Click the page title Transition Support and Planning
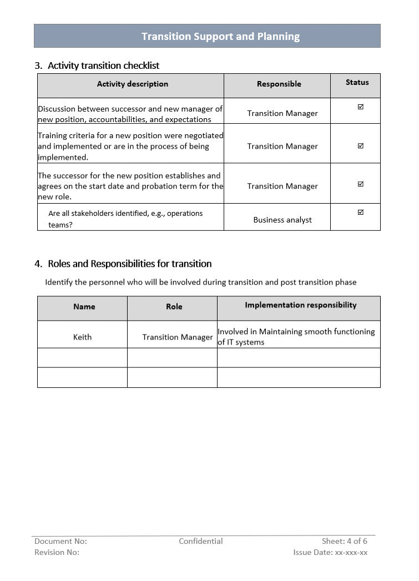pyautogui.click(x=220, y=37)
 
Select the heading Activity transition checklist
pyautogui.click(x=103, y=65)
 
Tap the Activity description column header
pyautogui.click(x=132, y=84)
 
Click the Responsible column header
pyautogui.click(x=279, y=84)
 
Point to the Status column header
pyautogui.click(x=357, y=82)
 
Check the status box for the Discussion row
pyautogui.click(x=361, y=107)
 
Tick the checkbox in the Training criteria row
pyautogui.click(x=361, y=146)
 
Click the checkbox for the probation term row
pyautogui.click(x=361, y=184)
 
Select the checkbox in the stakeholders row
pyautogui.click(x=361, y=212)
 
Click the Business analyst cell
pyautogui.click(x=282, y=220)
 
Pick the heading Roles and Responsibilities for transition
pyautogui.click(x=129, y=264)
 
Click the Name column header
pyautogui.click(x=84, y=306)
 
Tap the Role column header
pyautogui.click(x=174, y=306)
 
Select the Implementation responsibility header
pyautogui.click(x=300, y=305)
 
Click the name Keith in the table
pyautogui.click(x=82, y=337)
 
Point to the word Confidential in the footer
pyautogui.click(x=200, y=541)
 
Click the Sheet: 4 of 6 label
pyautogui.click(x=344, y=541)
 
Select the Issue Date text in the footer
pyautogui.click(x=330, y=552)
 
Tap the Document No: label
pyautogui.click(x=60, y=541)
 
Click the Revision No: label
pyautogui.click(x=57, y=552)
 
